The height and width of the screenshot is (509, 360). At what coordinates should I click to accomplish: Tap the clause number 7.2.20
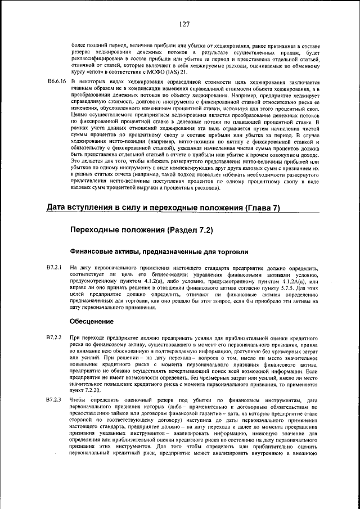(89, 390)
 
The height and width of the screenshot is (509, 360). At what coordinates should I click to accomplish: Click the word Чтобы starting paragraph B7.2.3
(79, 400)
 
